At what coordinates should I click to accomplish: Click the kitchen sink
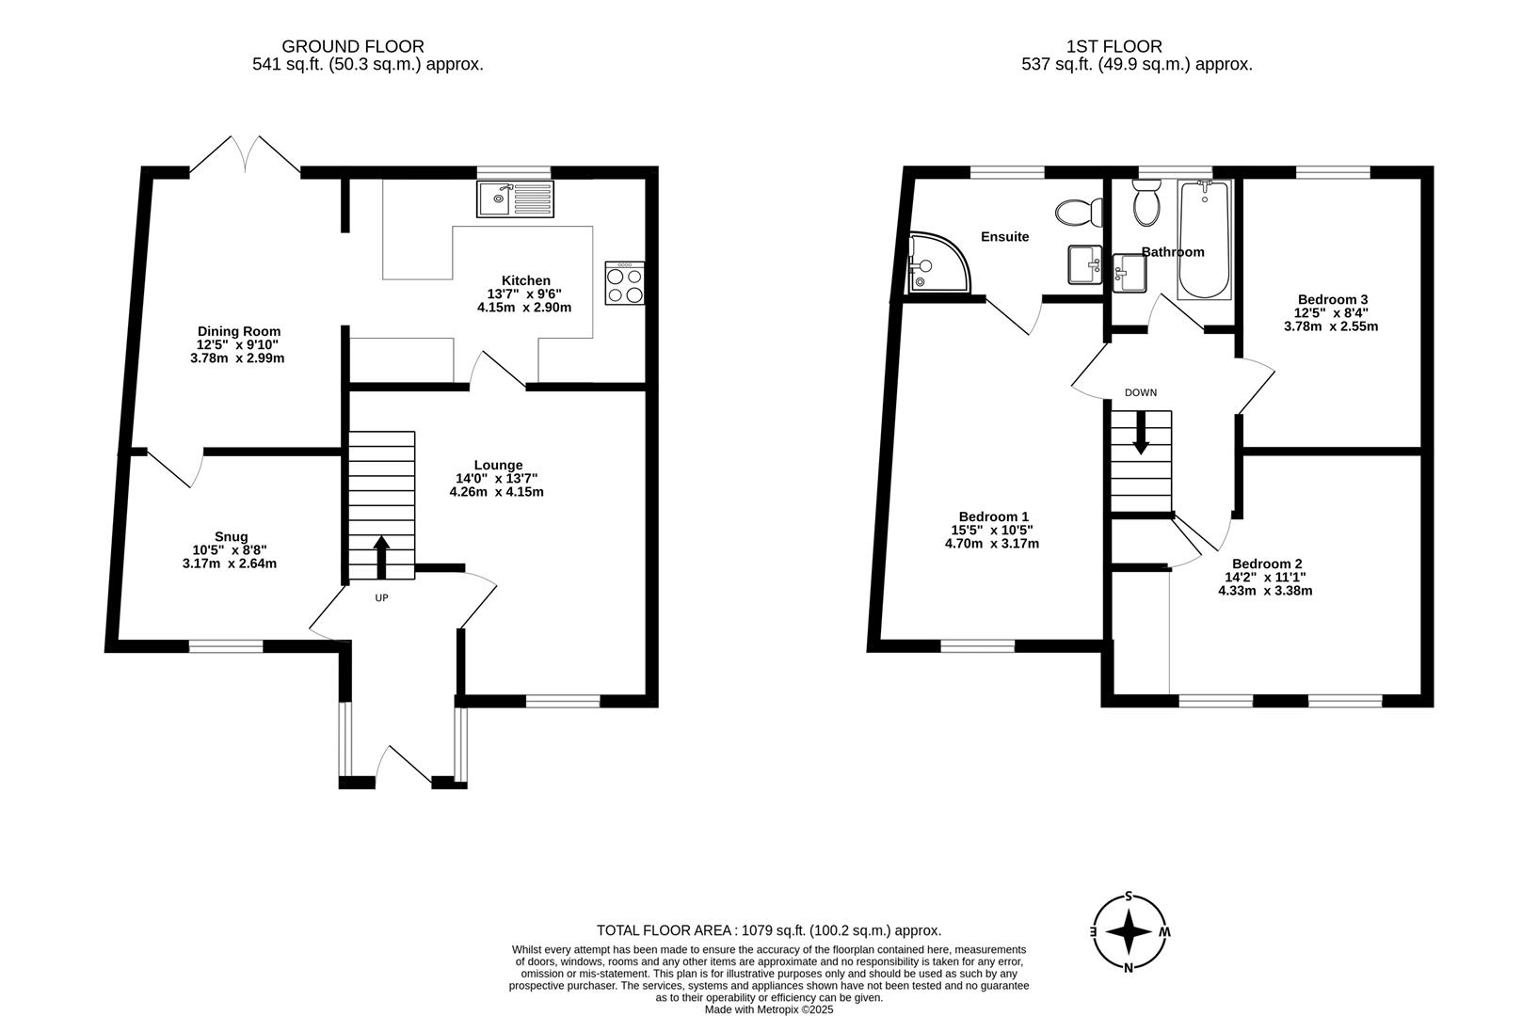(516, 198)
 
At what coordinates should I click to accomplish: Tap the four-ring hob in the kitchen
(625, 282)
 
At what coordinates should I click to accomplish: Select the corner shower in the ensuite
(938, 262)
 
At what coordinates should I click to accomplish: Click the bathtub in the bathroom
(1204, 240)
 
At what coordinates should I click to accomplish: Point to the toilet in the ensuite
(1079, 212)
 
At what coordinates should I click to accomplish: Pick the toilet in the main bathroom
(1146, 203)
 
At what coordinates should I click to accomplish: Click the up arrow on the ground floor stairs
(382, 557)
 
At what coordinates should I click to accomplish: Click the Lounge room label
(499, 465)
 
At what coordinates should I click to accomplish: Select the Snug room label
(231, 536)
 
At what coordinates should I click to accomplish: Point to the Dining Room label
(239, 331)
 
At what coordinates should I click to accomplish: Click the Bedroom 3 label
(1333, 299)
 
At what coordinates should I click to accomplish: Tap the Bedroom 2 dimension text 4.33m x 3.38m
(1265, 591)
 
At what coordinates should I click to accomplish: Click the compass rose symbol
(1129, 931)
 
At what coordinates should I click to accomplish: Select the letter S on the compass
(1129, 896)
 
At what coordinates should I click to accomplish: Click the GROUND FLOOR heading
(353, 47)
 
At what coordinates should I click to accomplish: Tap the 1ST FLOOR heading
(1114, 47)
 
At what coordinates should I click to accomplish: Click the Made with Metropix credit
(769, 1009)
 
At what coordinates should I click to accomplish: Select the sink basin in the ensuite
(1085, 264)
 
